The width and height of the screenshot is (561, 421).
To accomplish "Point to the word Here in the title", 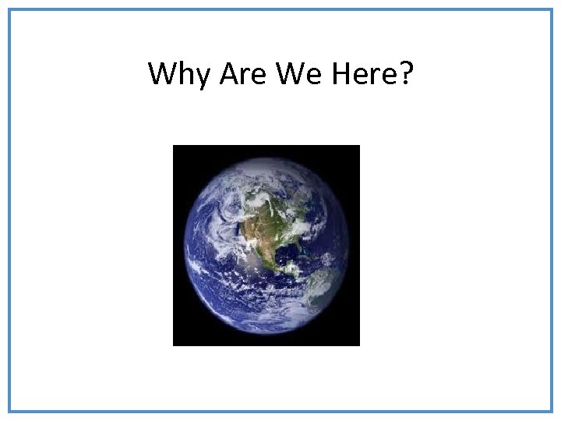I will (362, 74).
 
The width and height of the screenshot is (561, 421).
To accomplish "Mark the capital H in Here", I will (340, 74).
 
